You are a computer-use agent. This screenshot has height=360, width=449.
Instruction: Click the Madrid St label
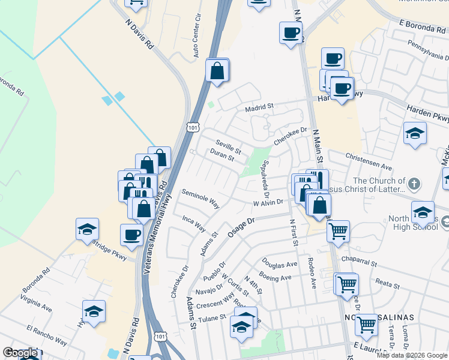pos(259,107)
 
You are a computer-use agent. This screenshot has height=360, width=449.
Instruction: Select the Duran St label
pos(222,156)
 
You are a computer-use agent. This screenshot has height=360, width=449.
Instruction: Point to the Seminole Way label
pos(200,199)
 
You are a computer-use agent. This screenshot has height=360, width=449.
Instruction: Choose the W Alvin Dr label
pos(268,203)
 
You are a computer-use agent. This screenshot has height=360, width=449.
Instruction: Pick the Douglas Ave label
pos(279,264)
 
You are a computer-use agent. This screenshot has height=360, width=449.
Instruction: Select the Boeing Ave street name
pos(276,277)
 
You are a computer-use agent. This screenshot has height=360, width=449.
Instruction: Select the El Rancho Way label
pos(47,335)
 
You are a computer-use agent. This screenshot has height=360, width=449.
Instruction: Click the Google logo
pos(20,353)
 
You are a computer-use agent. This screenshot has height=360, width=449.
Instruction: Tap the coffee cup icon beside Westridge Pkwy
pos(131,235)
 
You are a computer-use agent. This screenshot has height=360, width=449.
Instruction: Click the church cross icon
pos(414,182)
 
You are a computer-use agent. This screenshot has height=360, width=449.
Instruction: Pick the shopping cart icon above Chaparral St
pos(339,230)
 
